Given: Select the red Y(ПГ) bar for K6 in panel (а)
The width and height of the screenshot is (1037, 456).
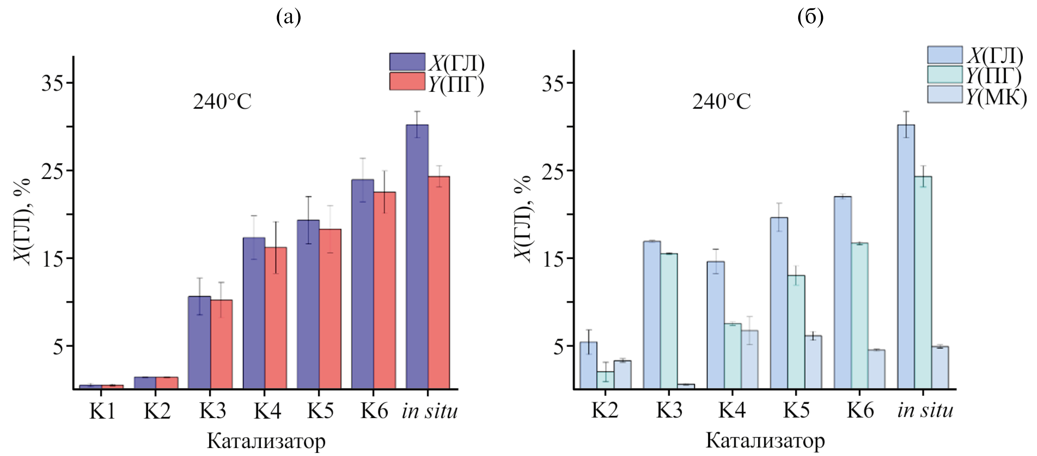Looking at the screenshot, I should click(x=384, y=290).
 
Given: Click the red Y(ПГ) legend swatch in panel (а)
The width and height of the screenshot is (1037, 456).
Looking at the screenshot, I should click(x=407, y=81).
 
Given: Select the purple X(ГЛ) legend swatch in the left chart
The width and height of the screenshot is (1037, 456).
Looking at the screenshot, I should click(x=407, y=62).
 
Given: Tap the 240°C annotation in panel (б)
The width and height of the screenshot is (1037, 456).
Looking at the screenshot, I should click(x=721, y=103).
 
